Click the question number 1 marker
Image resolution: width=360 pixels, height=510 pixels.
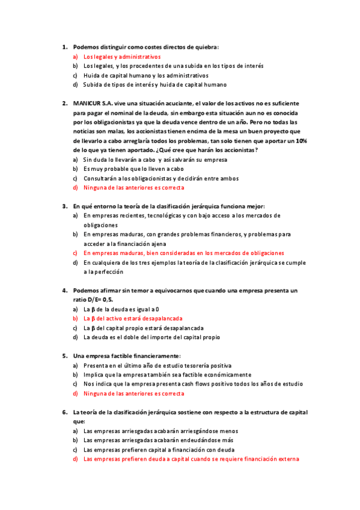point(64,46)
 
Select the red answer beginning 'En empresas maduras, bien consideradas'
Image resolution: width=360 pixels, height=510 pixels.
point(183,253)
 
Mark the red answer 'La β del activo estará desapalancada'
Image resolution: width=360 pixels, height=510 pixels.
point(133,319)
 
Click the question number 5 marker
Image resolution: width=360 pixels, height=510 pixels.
point(64,356)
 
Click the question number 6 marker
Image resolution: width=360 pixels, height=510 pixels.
point(64,413)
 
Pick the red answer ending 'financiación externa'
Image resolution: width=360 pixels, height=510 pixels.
point(191,459)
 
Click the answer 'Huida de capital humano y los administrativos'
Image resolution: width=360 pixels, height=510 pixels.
point(145,75)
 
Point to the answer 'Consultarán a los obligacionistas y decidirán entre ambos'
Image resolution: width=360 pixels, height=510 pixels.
point(160,178)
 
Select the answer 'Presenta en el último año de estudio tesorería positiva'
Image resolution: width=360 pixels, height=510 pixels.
point(157,365)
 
